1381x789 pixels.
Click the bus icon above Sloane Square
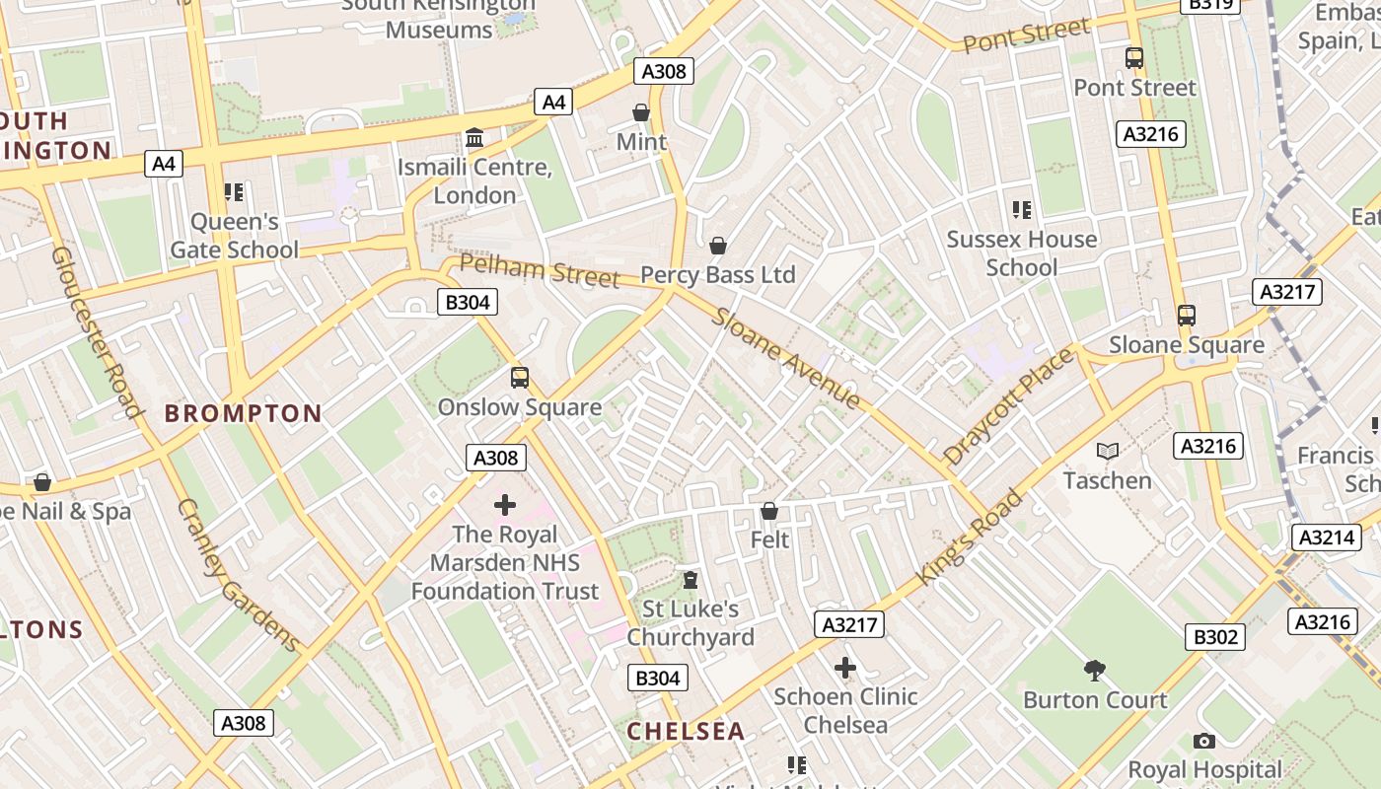tap(1186, 316)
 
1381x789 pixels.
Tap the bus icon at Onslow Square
tap(520, 378)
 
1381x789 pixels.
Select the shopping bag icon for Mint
tap(641, 112)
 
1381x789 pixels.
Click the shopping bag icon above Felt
tap(769, 511)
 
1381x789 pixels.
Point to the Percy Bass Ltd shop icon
tap(718, 245)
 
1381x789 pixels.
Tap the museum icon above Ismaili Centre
tap(474, 138)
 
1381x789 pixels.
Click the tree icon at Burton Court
tap(1094, 671)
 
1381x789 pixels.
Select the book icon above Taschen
tap(1108, 451)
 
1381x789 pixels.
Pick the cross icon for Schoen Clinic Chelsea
tap(845, 668)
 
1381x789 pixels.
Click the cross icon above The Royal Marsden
tap(505, 506)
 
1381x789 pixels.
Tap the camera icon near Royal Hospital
tap(1203, 741)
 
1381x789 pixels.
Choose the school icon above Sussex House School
tap(1021, 210)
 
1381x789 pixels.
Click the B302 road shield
tap(1215, 637)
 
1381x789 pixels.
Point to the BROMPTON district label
tap(244, 413)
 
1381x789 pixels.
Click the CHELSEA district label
tap(687, 731)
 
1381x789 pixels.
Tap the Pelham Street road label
tap(540, 270)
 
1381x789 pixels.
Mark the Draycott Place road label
tap(1008, 406)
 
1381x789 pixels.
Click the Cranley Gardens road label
tap(239, 575)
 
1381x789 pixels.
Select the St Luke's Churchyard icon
tap(690, 579)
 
